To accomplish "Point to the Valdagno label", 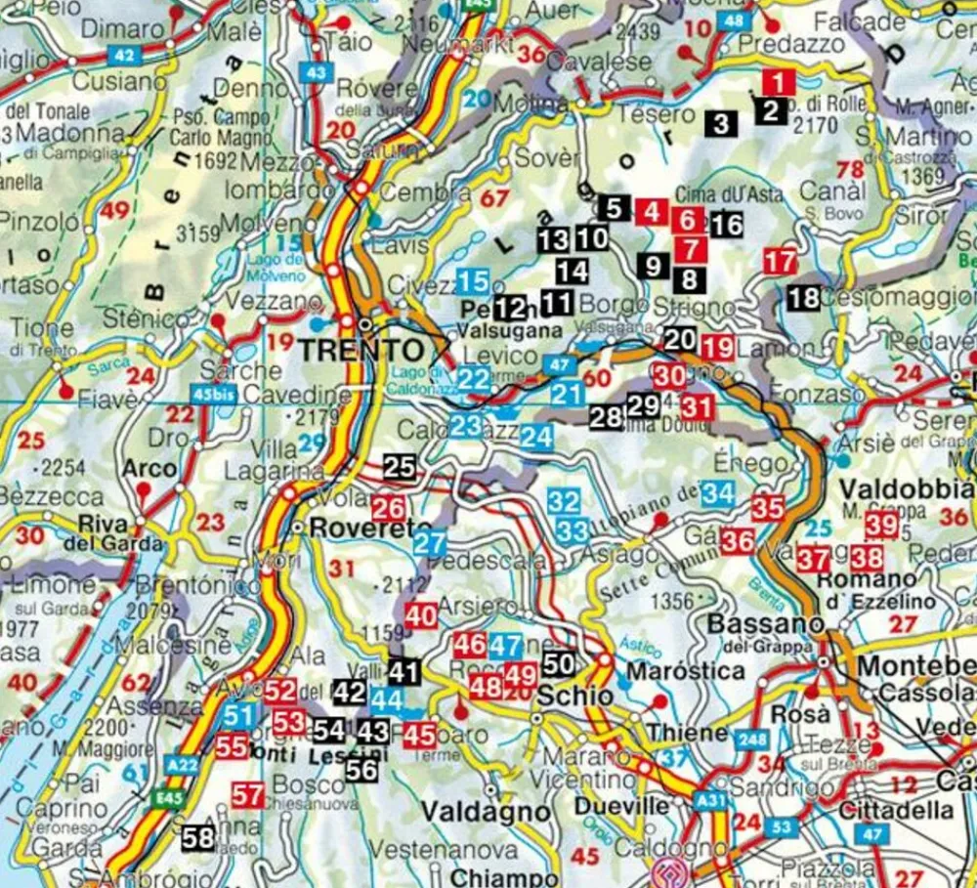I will [x=486, y=812].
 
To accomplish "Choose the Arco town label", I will [x=142, y=468].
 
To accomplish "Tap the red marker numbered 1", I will [x=779, y=83].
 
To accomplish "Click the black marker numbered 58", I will [x=198, y=837].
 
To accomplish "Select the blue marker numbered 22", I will [x=474, y=380].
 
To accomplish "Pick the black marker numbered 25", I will [x=400, y=467].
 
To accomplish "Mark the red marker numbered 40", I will [x=421, y=615].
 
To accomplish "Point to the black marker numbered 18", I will [x=803, y=298].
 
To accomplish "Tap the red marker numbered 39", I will [x=881, y=525].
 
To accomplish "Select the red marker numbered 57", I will [x=247, y=795].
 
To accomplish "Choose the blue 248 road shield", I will [x=751, y=740].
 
